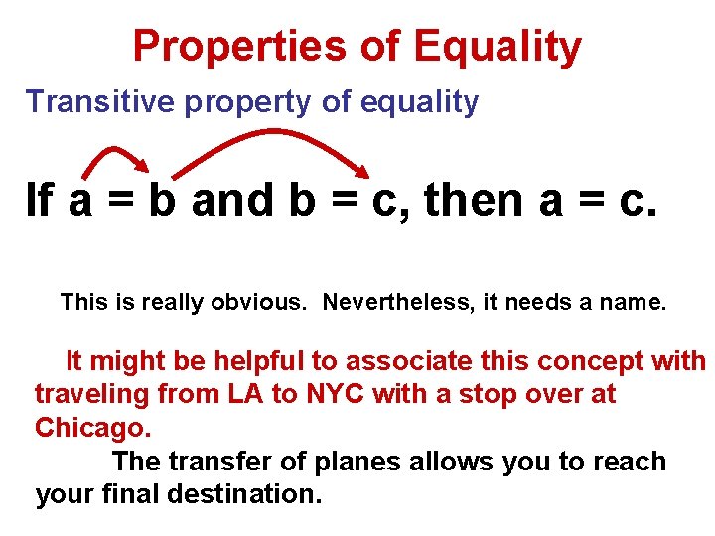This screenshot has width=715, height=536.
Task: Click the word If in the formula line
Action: coord(40,201)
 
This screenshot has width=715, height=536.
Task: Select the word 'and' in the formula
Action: coord(231,201)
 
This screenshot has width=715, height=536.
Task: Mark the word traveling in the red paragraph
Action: coord(92,394)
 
